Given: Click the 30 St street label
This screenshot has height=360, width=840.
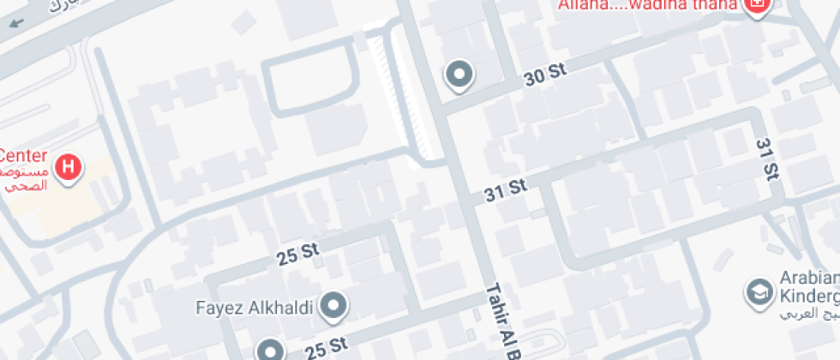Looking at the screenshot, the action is click(546, 76).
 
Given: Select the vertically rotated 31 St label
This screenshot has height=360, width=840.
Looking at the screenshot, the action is click(767, 159).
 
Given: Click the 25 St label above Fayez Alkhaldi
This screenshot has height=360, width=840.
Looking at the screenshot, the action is click(297, 254).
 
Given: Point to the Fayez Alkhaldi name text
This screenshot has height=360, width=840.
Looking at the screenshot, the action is click(255, 304).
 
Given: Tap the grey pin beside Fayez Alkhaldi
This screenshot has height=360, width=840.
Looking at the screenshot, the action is click(332, 305).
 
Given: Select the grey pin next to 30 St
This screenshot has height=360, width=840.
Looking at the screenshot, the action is click(459, 75).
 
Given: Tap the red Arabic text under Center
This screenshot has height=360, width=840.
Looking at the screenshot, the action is click(22, 177).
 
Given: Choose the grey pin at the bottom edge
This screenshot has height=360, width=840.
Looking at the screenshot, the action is click(271, 350).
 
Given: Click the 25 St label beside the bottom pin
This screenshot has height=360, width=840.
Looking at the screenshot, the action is click(327, 346).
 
